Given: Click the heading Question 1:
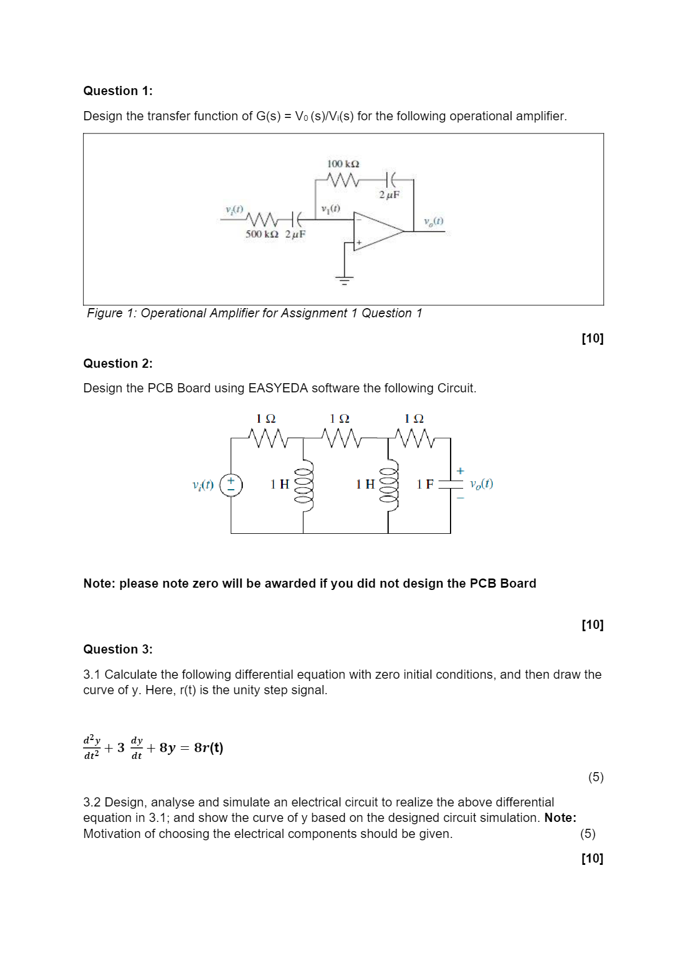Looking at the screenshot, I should [x=118, y=91].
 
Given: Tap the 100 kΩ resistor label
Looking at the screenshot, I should [x=343, y=164].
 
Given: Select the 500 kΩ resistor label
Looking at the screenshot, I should [x=262, y=234].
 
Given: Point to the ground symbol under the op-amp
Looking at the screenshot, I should [x=344, y=280].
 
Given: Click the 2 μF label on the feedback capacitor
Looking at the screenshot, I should [x=389, y=195].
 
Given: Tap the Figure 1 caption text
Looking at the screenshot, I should [x=254, y=313].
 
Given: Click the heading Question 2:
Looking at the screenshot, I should [x=118, y=364].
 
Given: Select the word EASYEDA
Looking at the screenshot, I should [x=278, y=388].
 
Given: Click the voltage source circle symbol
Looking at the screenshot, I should [x=231, y=485].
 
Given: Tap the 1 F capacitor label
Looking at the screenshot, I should [x=425, y=485].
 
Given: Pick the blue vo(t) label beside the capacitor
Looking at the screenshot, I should [x=481, y=484].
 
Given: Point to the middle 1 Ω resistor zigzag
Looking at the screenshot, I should [x=341, y=439].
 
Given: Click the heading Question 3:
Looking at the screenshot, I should [x=118, y=650].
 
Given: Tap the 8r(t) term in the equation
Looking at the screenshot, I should [x=208, y=748].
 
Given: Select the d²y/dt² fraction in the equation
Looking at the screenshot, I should [x=92, y=747].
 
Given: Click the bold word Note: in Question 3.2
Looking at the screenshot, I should [x=560, y=818].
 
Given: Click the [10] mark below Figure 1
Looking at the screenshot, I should [x=593, y=339].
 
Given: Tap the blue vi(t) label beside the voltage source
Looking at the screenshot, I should [x=203, y=485].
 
